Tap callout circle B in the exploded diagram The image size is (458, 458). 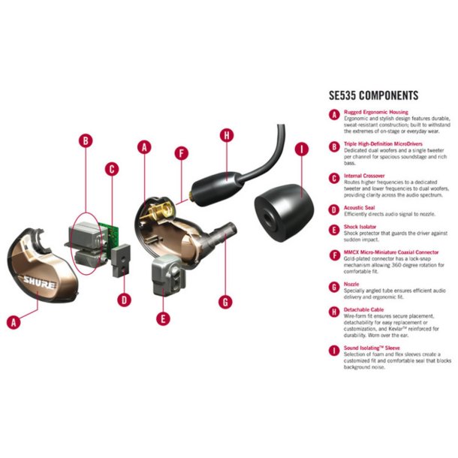86,140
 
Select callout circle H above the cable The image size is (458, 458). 225,135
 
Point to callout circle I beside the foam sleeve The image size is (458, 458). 303,149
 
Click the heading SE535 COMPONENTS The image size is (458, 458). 373,96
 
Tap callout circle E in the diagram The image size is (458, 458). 164,318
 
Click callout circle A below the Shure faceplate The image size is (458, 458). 12,322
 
